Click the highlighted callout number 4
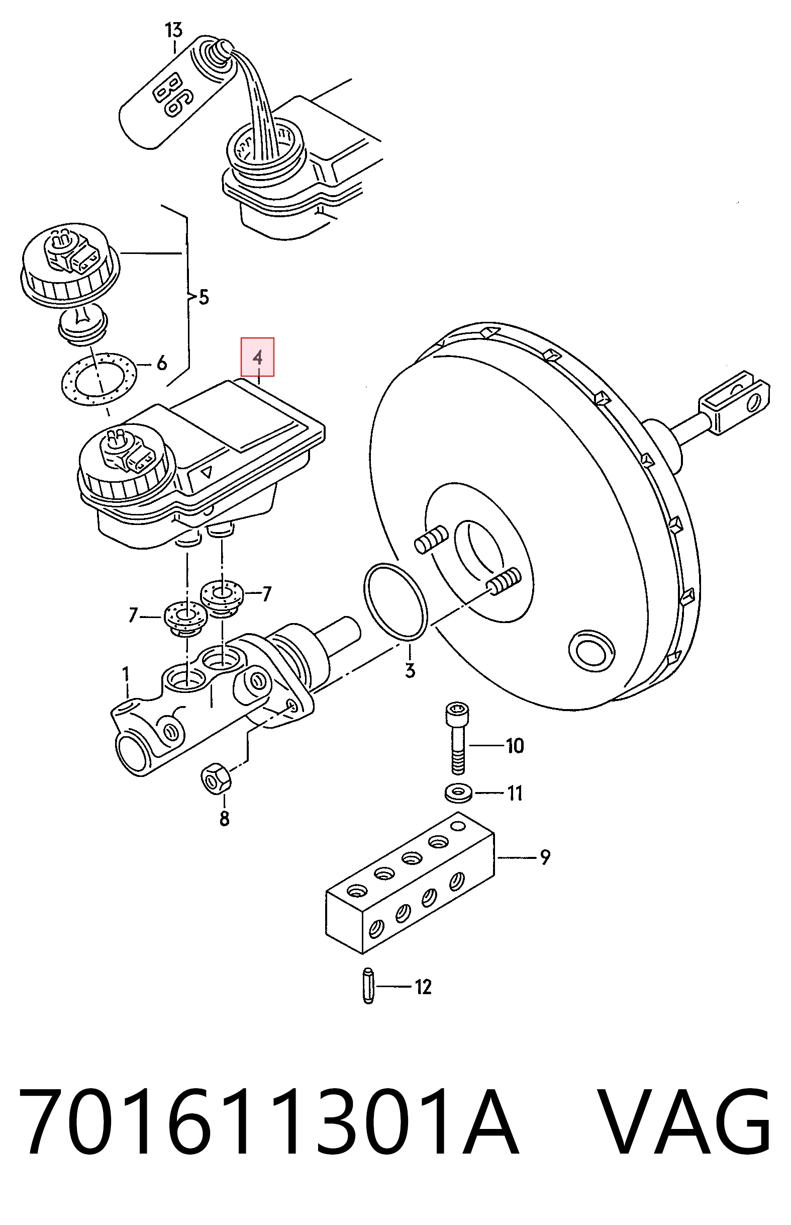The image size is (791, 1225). tap(258, 357)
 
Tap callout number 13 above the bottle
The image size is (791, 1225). tap(173, 30)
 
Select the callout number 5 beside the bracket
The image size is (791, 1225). tap(204, 297)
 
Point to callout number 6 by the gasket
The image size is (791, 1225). tap(162, 364)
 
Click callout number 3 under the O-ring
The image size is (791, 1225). tap(410, 670)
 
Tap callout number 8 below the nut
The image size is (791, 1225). tap(225, 819)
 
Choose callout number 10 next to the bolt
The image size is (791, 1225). tap(515, 746)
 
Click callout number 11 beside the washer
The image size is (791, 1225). tap(515, 794)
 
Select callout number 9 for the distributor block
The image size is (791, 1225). tap(545, 856)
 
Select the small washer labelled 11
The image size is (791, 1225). tap(459, 793)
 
